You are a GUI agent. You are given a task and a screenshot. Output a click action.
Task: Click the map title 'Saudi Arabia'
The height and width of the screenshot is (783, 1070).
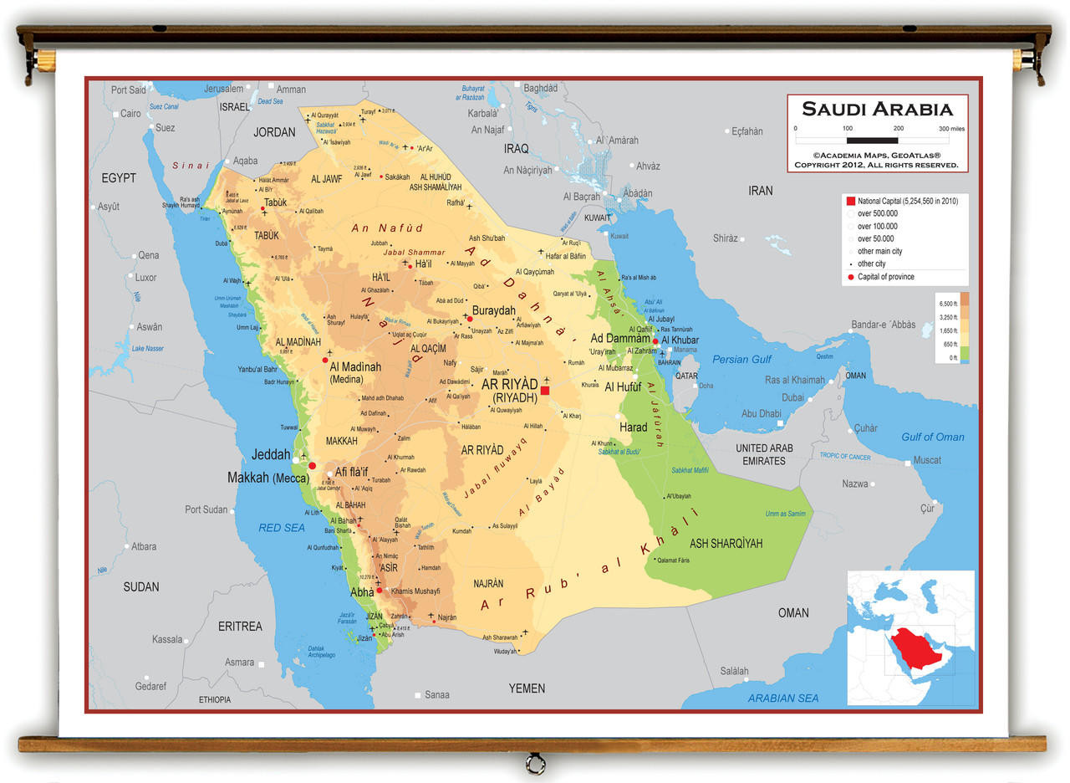tap(877, 109)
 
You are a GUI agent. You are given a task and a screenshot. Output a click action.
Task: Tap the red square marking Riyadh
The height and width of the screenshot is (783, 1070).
tap(545, 390)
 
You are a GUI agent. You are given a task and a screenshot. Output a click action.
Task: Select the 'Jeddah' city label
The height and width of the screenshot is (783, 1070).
tap(271, 455)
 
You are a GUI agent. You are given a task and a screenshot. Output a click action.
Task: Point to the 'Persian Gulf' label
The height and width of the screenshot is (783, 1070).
tap(741, 360)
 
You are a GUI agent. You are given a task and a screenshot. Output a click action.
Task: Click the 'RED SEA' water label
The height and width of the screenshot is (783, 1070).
tap(282, 528)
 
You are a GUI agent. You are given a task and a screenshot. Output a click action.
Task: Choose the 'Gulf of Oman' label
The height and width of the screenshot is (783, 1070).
tap(932, 437)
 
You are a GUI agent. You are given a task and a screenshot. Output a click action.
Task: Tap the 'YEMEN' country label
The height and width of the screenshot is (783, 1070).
tap(527, 688)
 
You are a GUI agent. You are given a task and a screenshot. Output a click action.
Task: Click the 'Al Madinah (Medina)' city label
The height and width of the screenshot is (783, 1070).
tap(355, 373)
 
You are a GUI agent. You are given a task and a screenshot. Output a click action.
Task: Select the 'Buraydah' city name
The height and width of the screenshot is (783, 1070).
tap(493, 310)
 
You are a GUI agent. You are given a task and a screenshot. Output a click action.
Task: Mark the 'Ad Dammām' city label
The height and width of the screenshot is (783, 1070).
tap(619, 339)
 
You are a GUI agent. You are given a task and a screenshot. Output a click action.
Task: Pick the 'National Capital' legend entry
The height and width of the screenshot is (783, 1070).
tap(906, 202)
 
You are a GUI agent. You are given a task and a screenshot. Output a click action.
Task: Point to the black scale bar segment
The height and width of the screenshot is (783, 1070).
tap(872, 141)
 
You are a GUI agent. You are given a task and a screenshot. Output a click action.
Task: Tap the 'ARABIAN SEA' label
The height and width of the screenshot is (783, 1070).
tap(783, 698)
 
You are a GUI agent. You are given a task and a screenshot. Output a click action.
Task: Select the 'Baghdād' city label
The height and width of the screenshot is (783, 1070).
tap(541, 88)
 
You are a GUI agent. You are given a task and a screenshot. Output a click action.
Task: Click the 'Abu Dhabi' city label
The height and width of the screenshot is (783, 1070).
tap(761, 413)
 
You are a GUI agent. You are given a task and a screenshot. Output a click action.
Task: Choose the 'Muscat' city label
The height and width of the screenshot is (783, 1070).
tap(927, 460)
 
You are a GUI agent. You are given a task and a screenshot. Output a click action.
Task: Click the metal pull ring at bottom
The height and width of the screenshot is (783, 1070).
tap(535, 764)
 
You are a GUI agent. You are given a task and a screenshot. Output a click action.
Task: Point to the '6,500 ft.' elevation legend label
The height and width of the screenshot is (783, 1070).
tap(948, 304)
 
